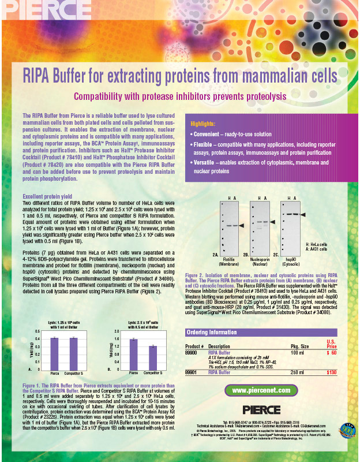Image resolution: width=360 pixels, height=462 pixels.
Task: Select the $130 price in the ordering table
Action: (x=332, y=373)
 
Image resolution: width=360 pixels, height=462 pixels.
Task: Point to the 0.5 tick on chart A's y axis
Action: (x=37, y=331)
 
